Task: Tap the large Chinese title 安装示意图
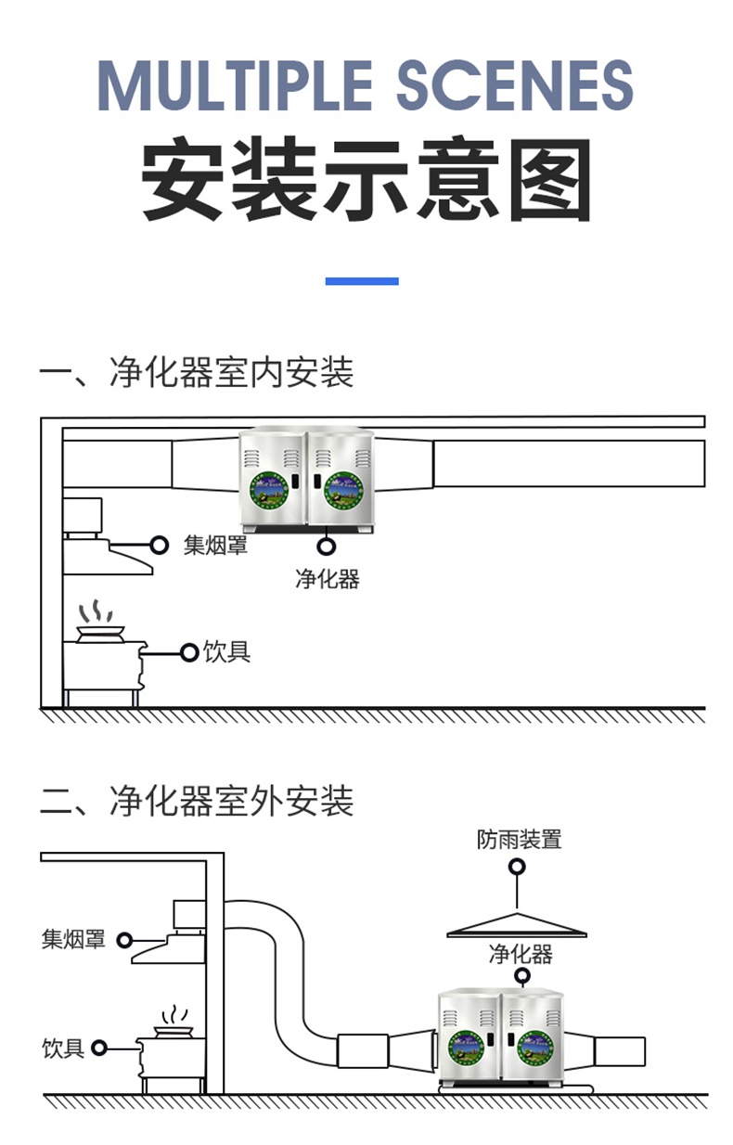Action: coord(366,180)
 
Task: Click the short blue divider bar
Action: coord(362,281)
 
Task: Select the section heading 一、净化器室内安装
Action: coord(196,373)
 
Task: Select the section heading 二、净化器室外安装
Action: coord(196,801)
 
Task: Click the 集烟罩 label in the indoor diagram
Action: coord(215,545)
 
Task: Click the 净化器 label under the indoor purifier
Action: coord(327,580)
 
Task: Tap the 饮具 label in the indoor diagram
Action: coord(227,652)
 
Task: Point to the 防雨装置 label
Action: coord(520,840)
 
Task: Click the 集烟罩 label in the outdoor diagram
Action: coord(73,939)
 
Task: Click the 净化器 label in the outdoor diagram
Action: coord(521,953)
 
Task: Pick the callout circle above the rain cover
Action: coord(517,867)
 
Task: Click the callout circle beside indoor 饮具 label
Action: coord(189,653)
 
